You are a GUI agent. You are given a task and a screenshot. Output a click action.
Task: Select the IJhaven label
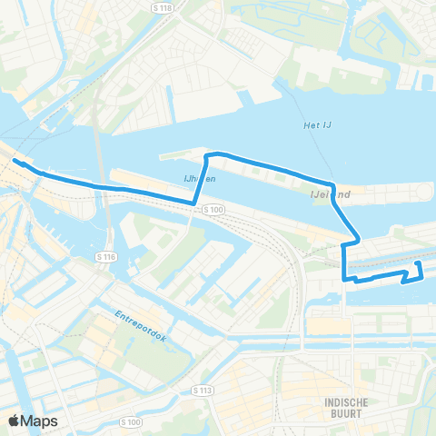[199, 179]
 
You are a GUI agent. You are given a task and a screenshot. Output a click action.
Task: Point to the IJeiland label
[331, 193]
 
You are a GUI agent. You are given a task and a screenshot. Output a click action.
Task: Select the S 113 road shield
[202, 390]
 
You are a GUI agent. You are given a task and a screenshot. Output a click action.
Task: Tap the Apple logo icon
[15, 421]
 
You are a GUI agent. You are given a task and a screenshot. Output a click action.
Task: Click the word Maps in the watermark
[40, 421]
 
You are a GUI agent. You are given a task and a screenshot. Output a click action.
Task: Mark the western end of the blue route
[15, 161]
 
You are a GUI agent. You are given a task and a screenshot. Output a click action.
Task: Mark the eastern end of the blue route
[419, 263]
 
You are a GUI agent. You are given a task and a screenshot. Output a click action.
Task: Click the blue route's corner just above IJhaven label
[208, 156]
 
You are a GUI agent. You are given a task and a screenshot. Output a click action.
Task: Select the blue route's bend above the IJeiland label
[334, 183]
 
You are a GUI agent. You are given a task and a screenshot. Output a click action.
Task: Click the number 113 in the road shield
[205, 390]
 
